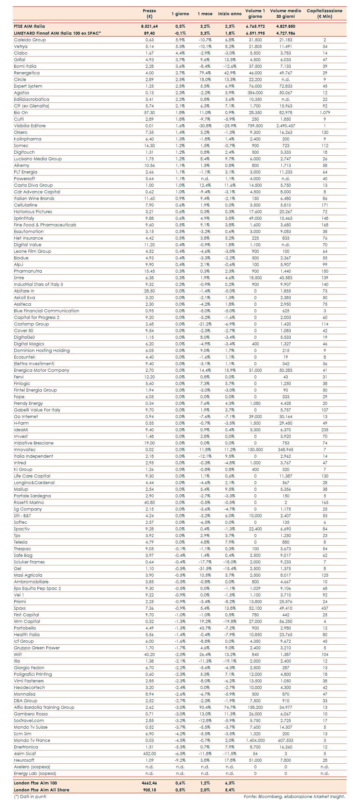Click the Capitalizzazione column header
coord(324,14)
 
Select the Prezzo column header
coord(149,14)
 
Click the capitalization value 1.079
coord(325,113)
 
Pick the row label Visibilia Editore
coord(30,126)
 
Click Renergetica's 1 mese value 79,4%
coord(205,73)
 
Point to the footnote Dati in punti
coord(30,796)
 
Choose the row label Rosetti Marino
coord(29,503)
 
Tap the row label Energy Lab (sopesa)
coord(35,774)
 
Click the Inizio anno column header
coord(230,14)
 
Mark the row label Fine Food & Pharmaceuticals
coord(45,225)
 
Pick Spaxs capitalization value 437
coord(325,608)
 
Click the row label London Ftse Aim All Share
coord(42,790)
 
